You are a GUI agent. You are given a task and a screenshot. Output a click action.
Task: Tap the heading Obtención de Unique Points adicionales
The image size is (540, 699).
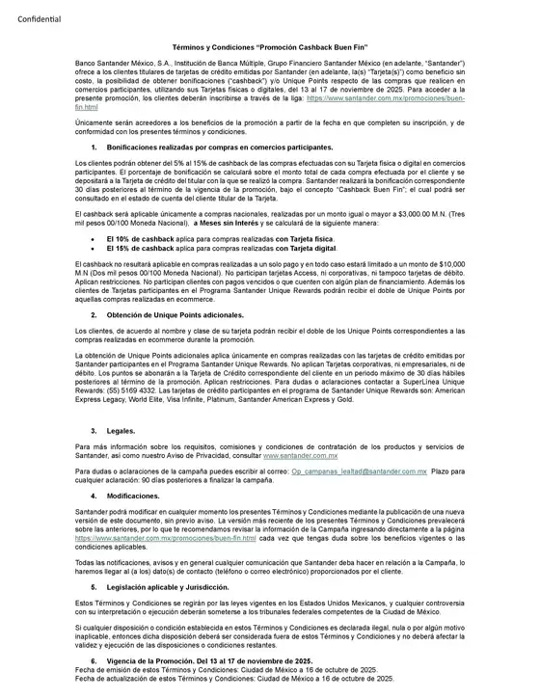point(175,314)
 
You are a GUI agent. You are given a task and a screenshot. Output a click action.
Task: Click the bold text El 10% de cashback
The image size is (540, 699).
point(143,236)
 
